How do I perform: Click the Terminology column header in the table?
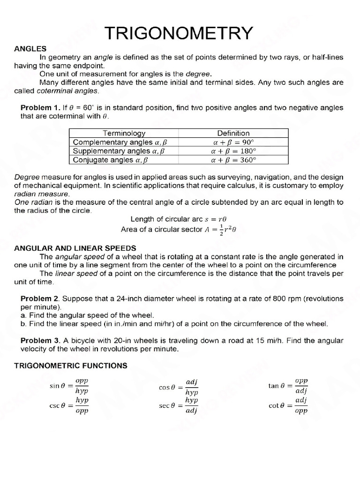tap(124, 133)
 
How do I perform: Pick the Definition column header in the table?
tap(233, 133)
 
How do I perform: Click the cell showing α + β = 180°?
tap(233, 151)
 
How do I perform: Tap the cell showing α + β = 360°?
tap(233, 160)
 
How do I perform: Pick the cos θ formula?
tap(179, 388)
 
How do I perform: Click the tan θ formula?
tap(288, 386)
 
